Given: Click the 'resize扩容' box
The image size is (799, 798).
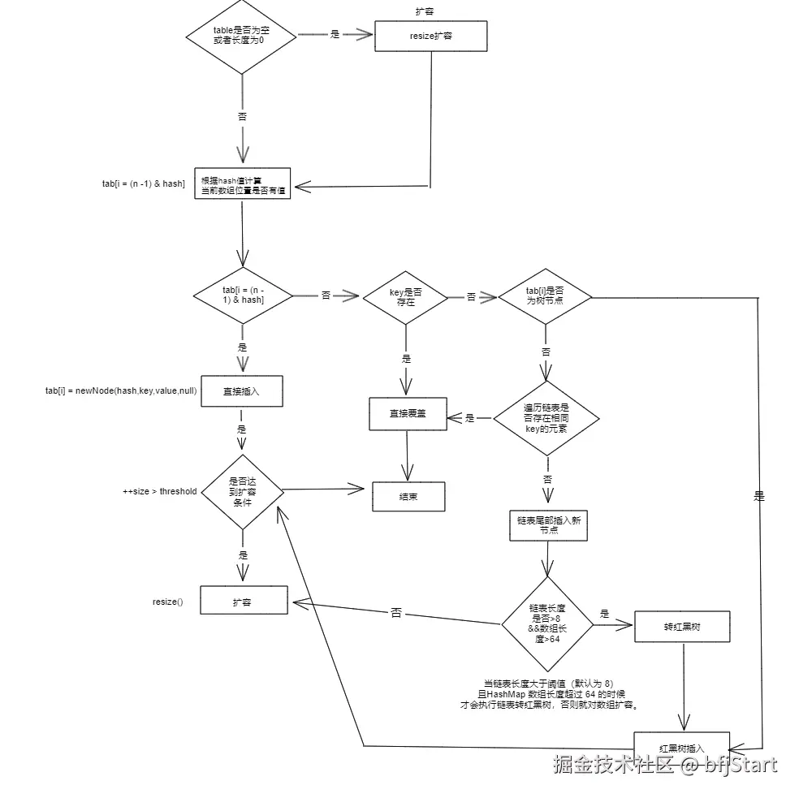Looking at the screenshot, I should click(x=430, y=37).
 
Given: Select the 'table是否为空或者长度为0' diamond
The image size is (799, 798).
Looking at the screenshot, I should click(x=242, y=35).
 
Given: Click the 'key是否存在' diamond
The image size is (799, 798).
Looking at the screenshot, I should click(x=405, y=296).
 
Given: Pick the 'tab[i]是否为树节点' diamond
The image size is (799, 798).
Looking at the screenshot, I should click(x=545, y=296).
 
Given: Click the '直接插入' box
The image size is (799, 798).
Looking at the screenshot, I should click(x=241, y=390).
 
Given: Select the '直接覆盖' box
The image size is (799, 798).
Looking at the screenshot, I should click(x=408, y=413).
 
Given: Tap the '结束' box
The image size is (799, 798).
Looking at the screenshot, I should click(x=408, y=496).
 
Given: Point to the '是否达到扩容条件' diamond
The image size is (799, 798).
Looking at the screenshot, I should click(x=242, y=491).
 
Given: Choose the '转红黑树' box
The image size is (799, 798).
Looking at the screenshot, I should click(x=682, y=627).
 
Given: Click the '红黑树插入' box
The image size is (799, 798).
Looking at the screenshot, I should click(x=682, y=747).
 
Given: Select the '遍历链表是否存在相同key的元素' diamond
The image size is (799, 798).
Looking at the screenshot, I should click(x=546, y=417).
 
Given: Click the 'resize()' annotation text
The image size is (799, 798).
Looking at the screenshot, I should click(x=168, y=602).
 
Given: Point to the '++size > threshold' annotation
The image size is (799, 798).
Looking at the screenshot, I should click(x=159, y=491).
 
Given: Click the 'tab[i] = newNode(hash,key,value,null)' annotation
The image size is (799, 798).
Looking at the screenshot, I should click(x=120, y=390).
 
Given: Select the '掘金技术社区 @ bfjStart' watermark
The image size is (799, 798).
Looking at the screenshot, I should click(x=664, y=764).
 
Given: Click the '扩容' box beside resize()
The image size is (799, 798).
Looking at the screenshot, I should click(x=242, y=602).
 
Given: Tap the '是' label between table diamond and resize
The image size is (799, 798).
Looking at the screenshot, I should click(x=335, y=35).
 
